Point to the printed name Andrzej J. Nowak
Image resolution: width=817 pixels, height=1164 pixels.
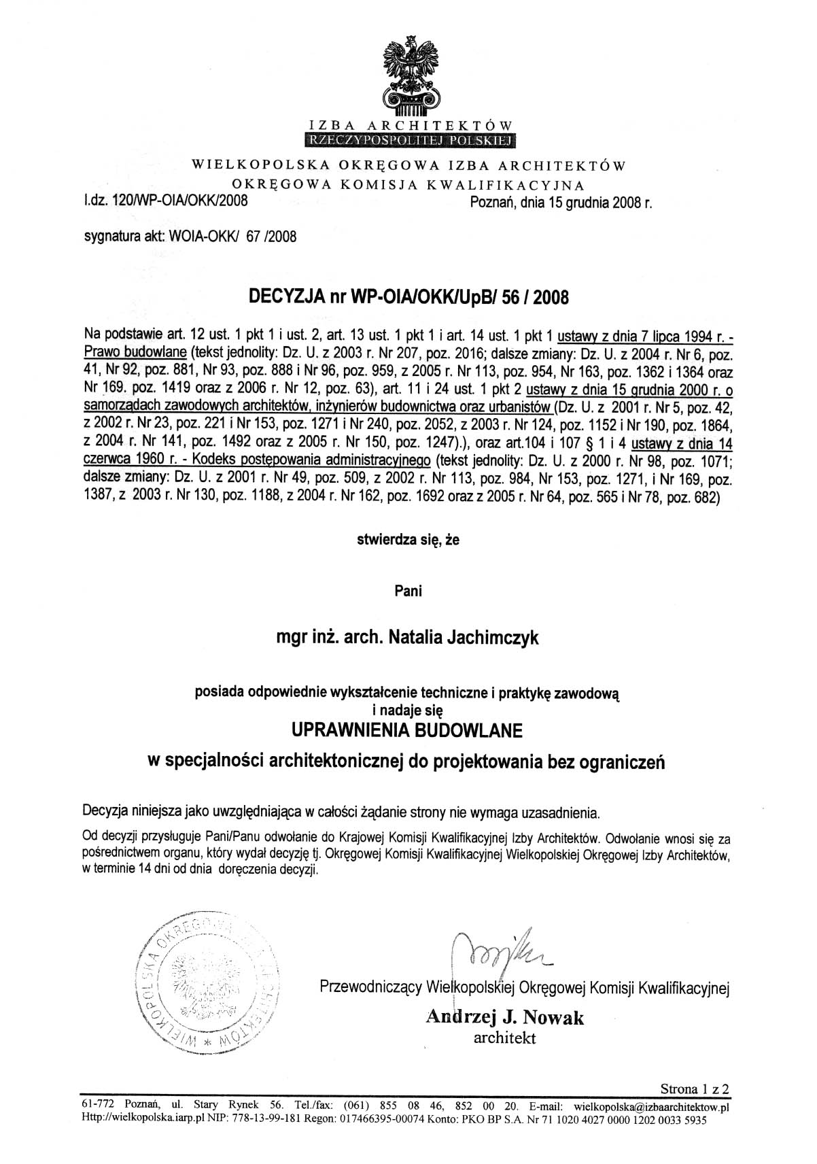tap(504, 1017)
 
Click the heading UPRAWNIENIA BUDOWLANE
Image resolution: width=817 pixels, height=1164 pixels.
tap(407, 731)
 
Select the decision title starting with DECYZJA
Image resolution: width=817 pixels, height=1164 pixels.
tap(408, 297)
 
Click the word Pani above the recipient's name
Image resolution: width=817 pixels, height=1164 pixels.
tap(408, 591)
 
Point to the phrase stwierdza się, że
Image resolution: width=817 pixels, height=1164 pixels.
tap(408, 541)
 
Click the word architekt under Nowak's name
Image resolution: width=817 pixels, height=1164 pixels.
tap(504, 1038)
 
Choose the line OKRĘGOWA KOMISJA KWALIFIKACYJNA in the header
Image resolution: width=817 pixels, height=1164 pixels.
tap(408, 184)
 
